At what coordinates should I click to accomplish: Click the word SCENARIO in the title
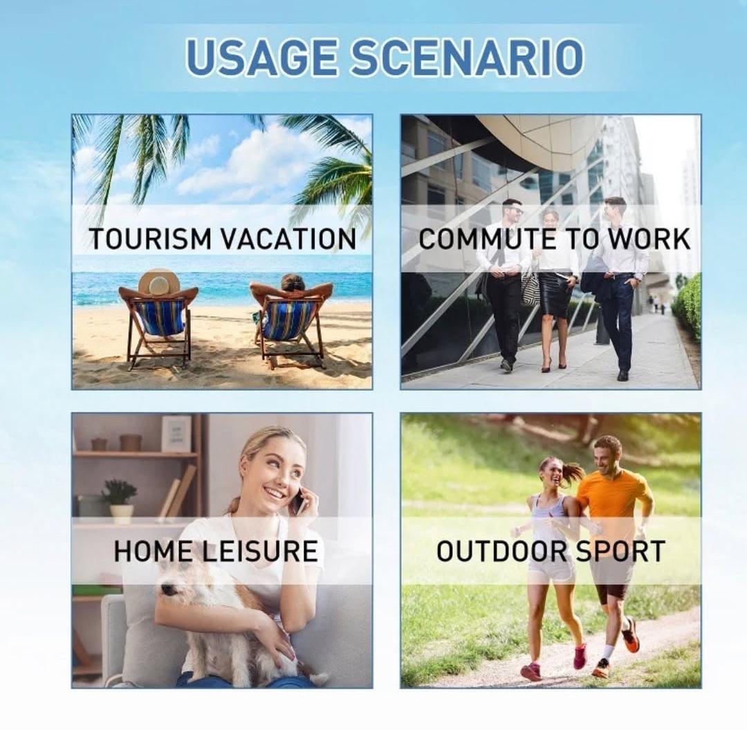468,57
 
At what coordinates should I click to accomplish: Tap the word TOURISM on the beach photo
149,239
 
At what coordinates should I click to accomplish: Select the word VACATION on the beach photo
289,239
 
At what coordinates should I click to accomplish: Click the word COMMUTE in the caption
487,239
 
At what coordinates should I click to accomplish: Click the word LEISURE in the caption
259,551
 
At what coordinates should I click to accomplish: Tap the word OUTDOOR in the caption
500,551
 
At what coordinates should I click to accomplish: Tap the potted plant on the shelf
119,499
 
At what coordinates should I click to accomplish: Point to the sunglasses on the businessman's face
514,211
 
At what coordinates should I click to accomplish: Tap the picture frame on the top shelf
176,434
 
